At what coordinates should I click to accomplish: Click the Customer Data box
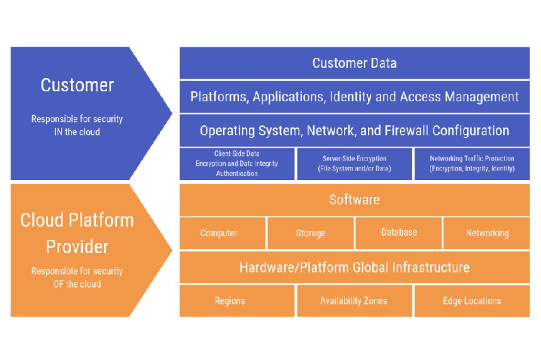[354, 63]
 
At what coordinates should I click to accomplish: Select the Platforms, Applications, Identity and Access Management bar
[354, 97]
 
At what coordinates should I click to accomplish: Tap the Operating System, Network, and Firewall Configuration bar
[354, 131]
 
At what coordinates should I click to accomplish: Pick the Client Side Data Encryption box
[237, 164]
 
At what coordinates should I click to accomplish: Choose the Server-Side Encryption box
[354, 164]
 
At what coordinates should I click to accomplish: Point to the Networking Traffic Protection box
[472, 164]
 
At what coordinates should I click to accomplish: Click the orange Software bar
[354, 200]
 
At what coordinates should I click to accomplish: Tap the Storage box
[311, 233]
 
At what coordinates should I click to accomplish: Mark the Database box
[399, 233]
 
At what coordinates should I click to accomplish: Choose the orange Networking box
[487, 233]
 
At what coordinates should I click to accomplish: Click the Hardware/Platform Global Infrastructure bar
[354, 267]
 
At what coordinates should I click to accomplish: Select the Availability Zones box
[354, 301]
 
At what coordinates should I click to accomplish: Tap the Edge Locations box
[472, 301]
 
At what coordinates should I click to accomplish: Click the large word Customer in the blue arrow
[77, 85]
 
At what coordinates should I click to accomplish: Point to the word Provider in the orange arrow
[77, 245]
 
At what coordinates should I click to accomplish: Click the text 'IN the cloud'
[77, 132]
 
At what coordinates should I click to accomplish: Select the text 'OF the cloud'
[77, 284]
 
